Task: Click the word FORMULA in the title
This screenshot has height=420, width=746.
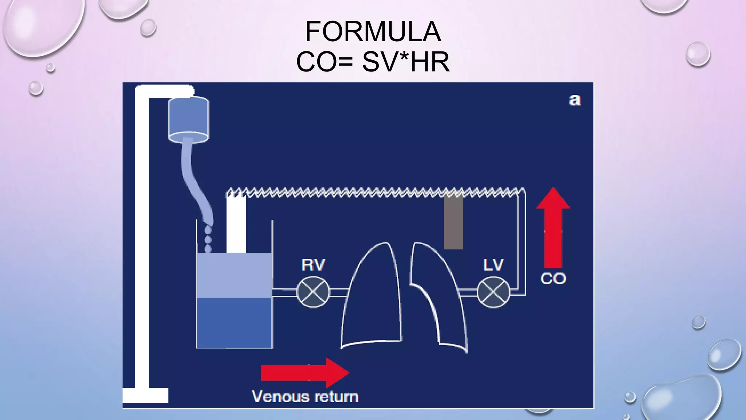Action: pos(373,32)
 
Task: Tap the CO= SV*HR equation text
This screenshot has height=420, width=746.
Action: pos(373,62)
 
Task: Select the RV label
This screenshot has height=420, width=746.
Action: pos(313,265)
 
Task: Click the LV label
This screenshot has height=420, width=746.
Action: pos(493,265)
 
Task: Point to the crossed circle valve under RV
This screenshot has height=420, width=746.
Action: pos(313,292)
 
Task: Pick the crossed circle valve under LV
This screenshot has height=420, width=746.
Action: pos(493,292)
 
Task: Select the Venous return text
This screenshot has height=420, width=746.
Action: pos(305,397)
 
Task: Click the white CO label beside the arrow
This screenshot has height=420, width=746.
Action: pos(553,279)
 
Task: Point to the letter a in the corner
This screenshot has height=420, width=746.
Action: pos(575,100)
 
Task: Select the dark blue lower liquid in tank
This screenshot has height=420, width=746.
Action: pos(234,323)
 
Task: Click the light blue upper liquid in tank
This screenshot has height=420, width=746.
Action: pos(234,275)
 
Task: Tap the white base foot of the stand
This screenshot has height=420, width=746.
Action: pos(145,395)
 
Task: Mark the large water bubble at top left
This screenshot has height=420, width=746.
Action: pos(42,26)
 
